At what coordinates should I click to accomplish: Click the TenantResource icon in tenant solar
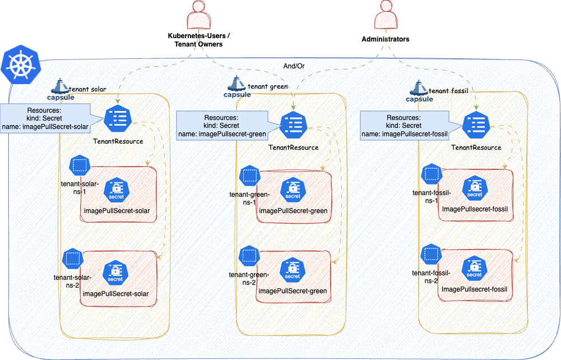click(x=117, y=117)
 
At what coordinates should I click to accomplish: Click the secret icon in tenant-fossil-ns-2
click(x=475, y=269)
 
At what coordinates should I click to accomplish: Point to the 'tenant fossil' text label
click(x=448, y=90)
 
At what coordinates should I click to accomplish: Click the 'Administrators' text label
click(x=385, y=39)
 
